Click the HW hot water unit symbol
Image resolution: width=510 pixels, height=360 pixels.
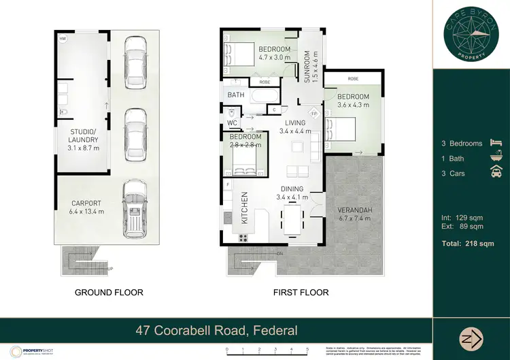(63, 39)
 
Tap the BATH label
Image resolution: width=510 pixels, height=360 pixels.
(236, 95)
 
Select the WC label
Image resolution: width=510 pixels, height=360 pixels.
(231, 123)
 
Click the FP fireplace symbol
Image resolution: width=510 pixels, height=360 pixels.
(315, 113)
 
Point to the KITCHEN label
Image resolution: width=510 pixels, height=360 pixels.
(243, 208)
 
